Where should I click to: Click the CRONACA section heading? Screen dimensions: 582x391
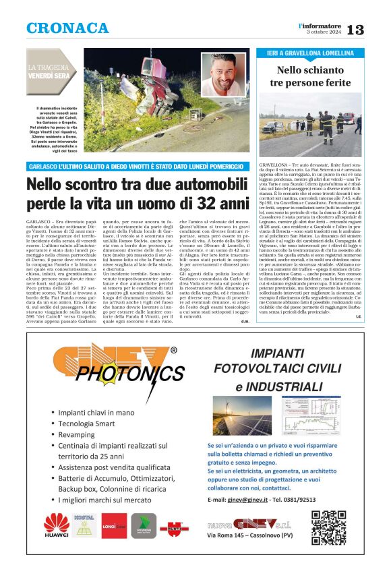[x=67, y=28]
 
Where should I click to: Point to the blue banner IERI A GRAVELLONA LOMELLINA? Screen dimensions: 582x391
[x=310, y=53]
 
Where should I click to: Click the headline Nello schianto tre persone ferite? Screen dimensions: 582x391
[x=310, y=76]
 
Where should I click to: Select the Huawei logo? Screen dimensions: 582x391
[x=56, y=525]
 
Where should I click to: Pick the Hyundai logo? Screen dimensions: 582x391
[x=144, y=525]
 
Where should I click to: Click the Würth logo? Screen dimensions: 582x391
[x=173, y=527]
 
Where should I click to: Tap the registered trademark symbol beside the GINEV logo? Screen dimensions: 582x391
[x=174, y=351]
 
